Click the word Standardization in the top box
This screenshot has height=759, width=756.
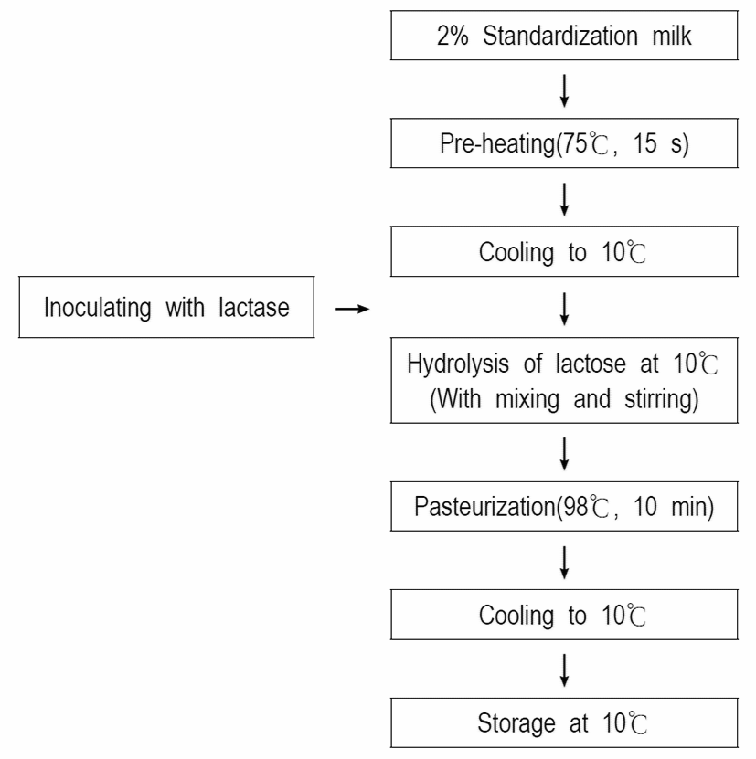(x=560, y=36)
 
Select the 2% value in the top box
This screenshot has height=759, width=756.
(x=453, y=36)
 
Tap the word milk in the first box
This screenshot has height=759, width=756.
(x=672, y=36)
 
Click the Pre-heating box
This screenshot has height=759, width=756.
(x=564, y=143)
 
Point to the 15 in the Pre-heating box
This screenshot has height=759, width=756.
(x=645, y=143)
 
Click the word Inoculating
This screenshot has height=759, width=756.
(x=98, y=308)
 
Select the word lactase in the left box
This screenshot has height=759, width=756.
(x=254, y=308)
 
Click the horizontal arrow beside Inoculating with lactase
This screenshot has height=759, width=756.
(x=352, y=309)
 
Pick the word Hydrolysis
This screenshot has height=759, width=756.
(x=458, y=364)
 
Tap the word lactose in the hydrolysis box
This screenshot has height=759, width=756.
(x=591, y=364)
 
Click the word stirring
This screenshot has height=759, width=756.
(x=662, y=400)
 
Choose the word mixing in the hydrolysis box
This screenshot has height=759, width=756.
(x=527, y=400)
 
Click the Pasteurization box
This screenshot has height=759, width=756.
(x=564, y=506)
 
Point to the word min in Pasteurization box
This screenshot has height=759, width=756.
(x=689, y=507)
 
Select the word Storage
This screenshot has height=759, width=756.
(x=516, y=723)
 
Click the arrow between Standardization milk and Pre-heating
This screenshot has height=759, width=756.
(x=564, y=90)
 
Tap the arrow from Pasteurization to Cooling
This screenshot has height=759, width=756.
(x=564, y=563)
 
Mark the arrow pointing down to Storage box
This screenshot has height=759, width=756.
(x=564, y=671)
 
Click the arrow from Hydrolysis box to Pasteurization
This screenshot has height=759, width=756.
(x=564, y=454)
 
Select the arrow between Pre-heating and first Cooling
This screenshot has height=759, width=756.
(x=564, y=199)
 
